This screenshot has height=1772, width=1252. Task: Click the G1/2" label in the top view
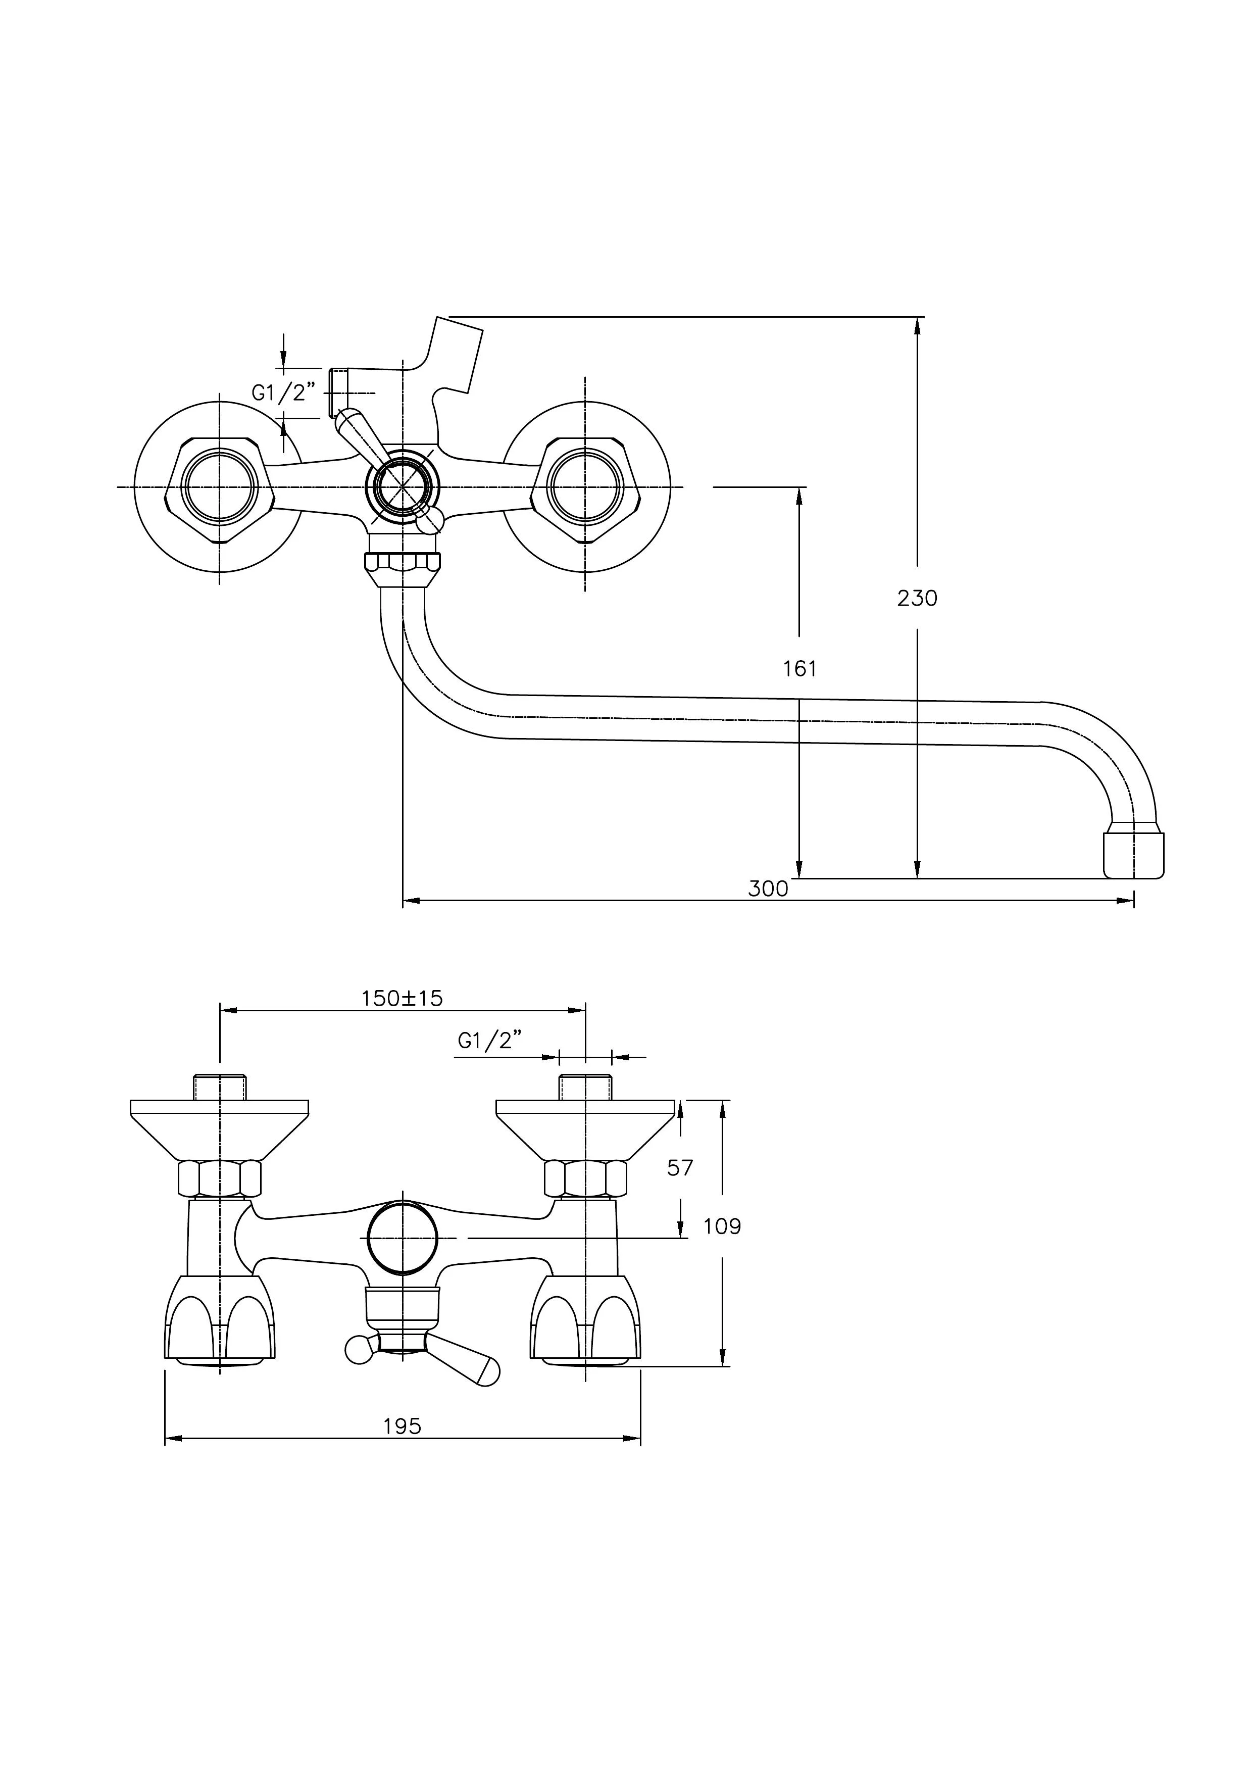point(284,393)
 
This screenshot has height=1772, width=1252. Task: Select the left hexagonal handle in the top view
point(219,487)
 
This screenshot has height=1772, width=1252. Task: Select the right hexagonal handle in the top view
point(585,487)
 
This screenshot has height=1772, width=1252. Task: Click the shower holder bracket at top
point(457,355)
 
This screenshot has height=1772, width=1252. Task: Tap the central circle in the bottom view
point(403,1239)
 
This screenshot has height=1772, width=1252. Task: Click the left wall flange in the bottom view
point(219,1127)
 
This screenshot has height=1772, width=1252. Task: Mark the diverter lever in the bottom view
point(463,1362)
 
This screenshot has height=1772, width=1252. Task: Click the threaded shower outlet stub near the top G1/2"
point(339,392)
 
